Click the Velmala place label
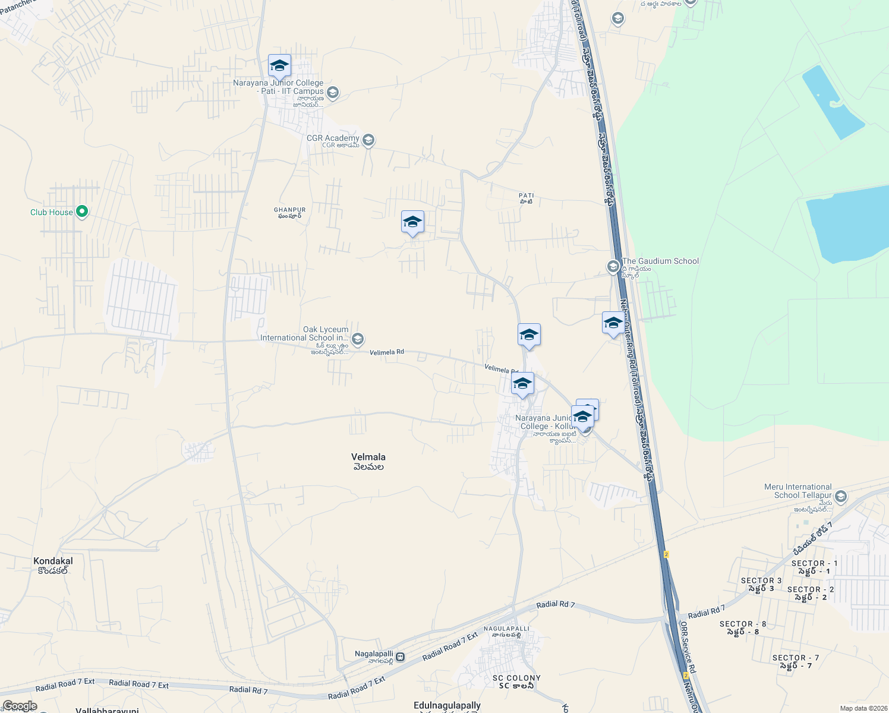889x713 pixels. [368, 461]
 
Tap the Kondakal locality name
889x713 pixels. [53, 565]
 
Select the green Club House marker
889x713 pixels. [82, 212]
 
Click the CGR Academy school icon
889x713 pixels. [368, 140]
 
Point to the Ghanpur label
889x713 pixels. [289, 213]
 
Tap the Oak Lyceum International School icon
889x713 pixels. [357, 339]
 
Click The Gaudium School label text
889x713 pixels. [660, 261]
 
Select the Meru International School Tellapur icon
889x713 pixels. [840, 496]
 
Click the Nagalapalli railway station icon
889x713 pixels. [401, 657]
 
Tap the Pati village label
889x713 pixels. [527, 198]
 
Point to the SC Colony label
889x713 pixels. [516, 682]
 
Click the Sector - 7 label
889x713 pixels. [796, 661]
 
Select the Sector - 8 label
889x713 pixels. [743, 627]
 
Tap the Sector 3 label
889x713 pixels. [761, 584]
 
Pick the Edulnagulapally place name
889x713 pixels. [447, 706]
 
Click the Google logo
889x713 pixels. [19, 706]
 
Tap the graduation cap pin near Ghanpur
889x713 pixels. [412, 223]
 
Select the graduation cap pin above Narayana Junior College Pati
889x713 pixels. [279, 67]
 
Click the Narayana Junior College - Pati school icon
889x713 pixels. [333, 92]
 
